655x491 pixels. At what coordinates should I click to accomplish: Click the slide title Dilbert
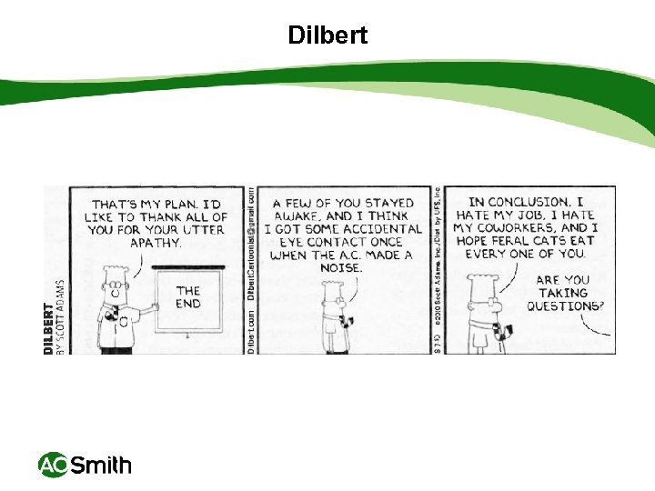tap(327, 35)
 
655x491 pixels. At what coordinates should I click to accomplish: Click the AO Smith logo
tap(85, 466)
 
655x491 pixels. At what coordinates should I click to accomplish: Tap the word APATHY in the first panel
tap(156, 244)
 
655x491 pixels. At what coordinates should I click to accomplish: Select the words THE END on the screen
tap(188, 296)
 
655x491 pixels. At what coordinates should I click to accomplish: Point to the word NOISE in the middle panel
tap(341, 268)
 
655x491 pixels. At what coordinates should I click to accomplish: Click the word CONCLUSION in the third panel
tap(529, 202)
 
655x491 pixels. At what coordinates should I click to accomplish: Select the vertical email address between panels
tap(250, 245)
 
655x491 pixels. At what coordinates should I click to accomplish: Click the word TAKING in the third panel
tap(563, 293)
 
